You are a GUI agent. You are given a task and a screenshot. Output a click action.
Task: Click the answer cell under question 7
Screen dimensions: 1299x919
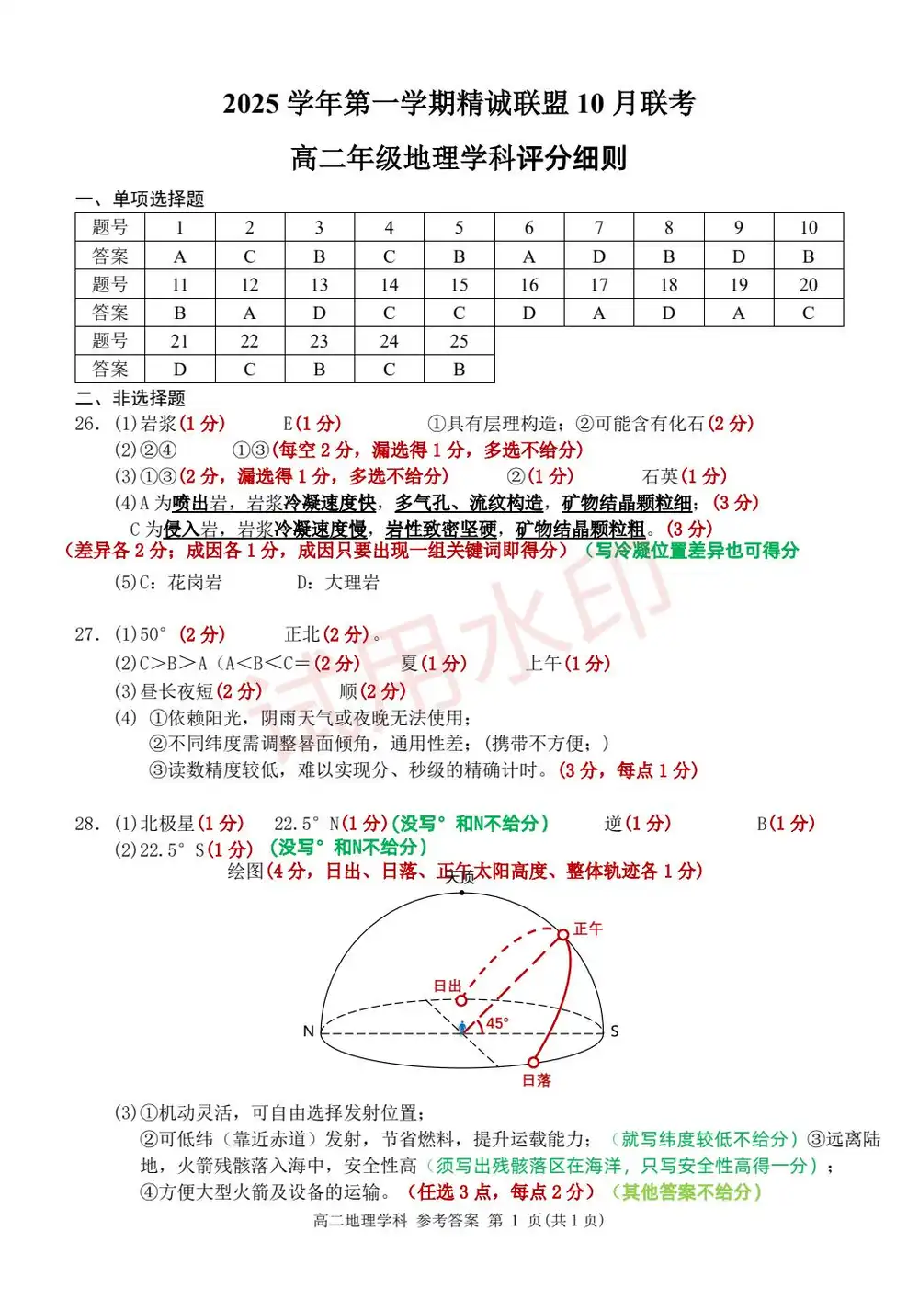pos(598,256)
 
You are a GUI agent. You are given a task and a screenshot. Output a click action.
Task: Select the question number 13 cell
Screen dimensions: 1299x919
pos(319,285)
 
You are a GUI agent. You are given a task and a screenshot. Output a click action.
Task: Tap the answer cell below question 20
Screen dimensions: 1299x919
pos(808,313)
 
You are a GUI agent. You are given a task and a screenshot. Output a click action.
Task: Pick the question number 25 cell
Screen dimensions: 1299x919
pos(459,341)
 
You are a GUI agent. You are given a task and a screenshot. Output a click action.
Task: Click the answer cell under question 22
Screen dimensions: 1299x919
pos(249,370)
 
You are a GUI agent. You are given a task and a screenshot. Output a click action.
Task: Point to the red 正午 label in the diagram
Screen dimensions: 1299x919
pos(588,929)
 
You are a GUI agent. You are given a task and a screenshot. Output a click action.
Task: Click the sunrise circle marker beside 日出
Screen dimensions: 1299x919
pos(461,1000)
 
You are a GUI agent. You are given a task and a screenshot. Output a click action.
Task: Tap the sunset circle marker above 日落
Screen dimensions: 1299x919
pos(533,1062)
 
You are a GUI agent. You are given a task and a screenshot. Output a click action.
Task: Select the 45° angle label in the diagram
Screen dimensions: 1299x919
pos(497,1023)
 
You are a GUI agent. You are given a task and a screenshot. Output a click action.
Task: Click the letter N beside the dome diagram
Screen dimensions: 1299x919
pos(309,1031)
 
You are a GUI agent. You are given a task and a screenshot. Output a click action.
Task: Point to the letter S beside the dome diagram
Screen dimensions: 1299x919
pos(615,1031)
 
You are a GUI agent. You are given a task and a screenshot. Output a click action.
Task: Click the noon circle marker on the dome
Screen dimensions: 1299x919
pos(562,935)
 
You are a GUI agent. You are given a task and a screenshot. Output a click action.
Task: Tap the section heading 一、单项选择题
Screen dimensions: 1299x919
pos(140,199)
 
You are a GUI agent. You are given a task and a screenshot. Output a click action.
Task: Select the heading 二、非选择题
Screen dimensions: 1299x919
pos(130,398)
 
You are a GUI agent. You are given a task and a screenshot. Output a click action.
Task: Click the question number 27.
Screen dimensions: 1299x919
pos(87,634)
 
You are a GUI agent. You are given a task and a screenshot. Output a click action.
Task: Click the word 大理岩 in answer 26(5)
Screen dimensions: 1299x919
pos(352,582)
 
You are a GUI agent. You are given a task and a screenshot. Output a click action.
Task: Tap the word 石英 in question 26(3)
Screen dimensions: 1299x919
pos(660,476)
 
